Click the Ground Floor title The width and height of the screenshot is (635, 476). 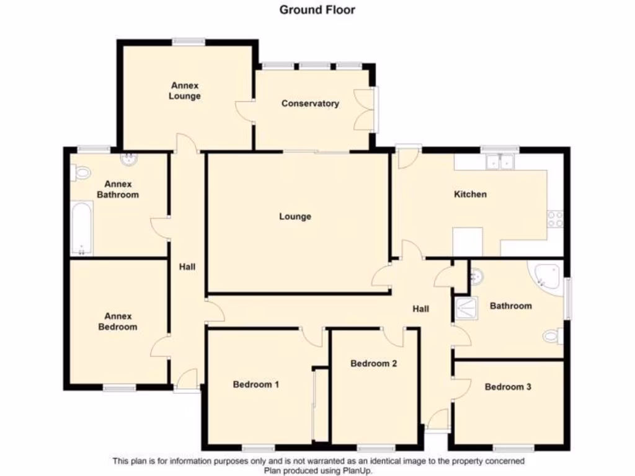317,9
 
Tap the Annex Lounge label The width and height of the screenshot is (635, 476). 185,91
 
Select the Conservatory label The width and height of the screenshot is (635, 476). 310,104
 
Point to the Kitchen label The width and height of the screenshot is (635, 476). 471,194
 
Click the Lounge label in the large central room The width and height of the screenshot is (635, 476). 295,216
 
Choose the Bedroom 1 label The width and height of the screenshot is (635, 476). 255,384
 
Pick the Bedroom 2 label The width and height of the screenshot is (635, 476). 373,363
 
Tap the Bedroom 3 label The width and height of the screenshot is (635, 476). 508,387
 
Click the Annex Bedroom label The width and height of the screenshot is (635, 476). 118,322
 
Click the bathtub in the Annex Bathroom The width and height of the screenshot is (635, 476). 81,228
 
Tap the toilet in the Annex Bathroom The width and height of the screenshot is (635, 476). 81,172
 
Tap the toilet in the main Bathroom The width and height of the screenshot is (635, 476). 551,336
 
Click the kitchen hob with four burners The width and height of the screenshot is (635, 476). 555,218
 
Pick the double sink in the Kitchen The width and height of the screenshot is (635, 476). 500,162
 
